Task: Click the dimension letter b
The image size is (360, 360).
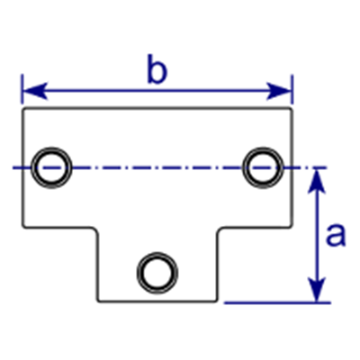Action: coord(157,69)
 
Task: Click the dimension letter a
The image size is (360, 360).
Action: coord(336,235)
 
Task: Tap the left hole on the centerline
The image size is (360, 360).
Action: coord(52,167)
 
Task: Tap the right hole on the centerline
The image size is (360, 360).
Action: coord(263,167)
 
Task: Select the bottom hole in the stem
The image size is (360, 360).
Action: coord(157,273)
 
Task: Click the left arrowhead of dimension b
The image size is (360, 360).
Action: coord(35,91)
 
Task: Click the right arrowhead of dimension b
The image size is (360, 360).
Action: coord(279,91)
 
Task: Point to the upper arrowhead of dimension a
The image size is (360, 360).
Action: coord(317,182)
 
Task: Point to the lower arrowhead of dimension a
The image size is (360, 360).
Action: coord(317,289)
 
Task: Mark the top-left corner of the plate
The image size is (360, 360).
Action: coord(22,108)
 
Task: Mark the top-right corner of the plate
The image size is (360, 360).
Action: coord(292,108)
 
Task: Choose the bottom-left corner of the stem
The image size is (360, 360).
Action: coord(98,301)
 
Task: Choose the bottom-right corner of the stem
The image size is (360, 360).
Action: coord(217,301)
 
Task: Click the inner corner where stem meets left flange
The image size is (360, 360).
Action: coord(96,229)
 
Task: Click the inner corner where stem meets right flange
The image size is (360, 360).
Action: coord(219,229)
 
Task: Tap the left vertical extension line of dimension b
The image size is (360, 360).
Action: coord(22,89)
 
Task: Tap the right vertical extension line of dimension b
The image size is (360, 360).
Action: coord(292,89)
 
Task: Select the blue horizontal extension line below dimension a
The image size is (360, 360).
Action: coord(277,303)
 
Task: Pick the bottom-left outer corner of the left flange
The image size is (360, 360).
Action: coord(22,227)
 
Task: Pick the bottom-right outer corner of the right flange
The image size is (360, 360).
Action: coord(292,227)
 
